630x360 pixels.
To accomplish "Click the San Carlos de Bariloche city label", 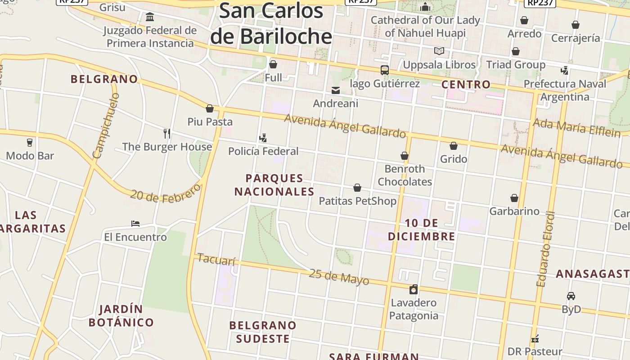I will [x=271, y=23].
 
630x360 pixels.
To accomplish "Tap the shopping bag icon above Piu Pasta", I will [x=210, y=108].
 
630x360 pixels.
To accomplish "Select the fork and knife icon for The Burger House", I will [x=167, y=133].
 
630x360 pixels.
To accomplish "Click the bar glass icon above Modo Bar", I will [x=30, y=143].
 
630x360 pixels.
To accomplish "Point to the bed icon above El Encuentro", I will [x=135, y=224].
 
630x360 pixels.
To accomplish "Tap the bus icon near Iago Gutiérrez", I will [x=385, y=70].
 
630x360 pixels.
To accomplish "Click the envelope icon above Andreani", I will [x=336, y=90].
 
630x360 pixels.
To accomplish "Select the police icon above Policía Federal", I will [x=263, y=138].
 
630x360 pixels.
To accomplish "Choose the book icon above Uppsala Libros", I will [x=439, y=51].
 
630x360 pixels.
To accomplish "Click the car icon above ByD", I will [x=571, y=296].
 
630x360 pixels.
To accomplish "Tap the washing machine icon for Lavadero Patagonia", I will [x=414, y=289].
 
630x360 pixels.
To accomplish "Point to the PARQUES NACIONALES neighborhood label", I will [x=274, y=185].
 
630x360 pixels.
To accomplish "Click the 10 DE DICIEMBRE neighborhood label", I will [x=422, y=229].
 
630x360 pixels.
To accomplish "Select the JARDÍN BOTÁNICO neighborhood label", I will [x=121, y=316].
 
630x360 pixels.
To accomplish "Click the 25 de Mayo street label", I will [x=339, y=277].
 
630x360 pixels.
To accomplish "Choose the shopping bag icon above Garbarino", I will [x=514, y=198].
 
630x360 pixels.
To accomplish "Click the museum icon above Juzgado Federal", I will [x=150, y=17].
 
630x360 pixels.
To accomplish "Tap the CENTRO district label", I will [x=466, y=84].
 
